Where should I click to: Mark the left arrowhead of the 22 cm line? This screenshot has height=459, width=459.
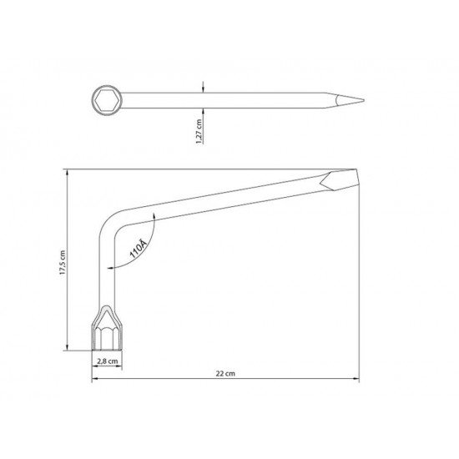(93, 381)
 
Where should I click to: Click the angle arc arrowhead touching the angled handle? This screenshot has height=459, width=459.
(156, 214)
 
